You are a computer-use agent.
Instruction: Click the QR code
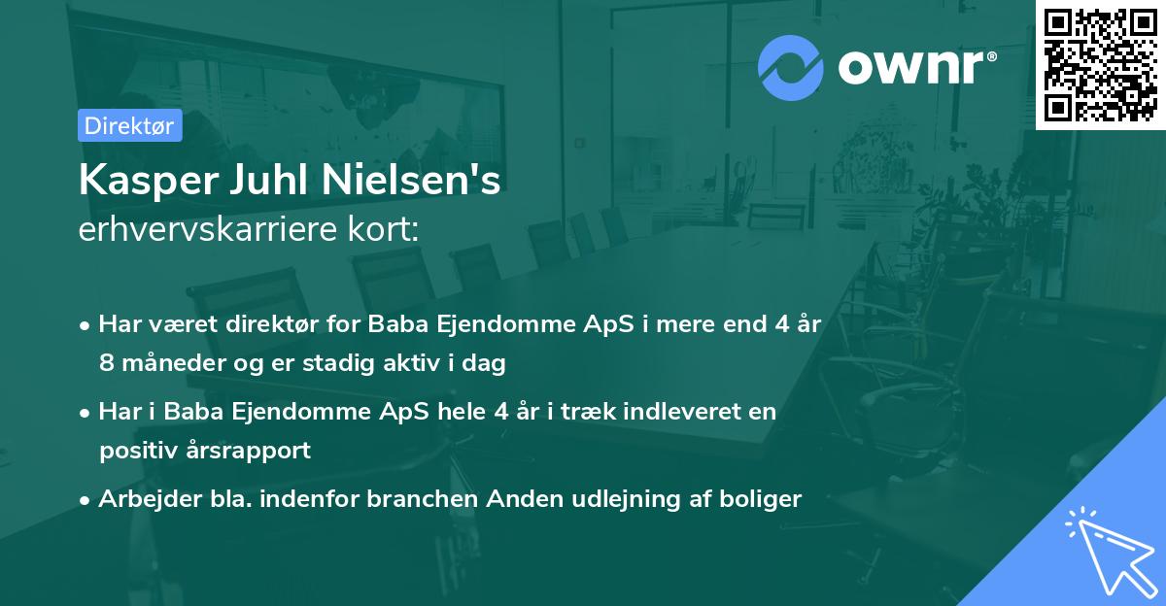[1101, 65]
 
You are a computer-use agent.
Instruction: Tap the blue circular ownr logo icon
[791, 68]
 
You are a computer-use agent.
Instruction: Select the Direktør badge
[129, 126]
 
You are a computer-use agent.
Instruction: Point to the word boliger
[763, 499]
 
